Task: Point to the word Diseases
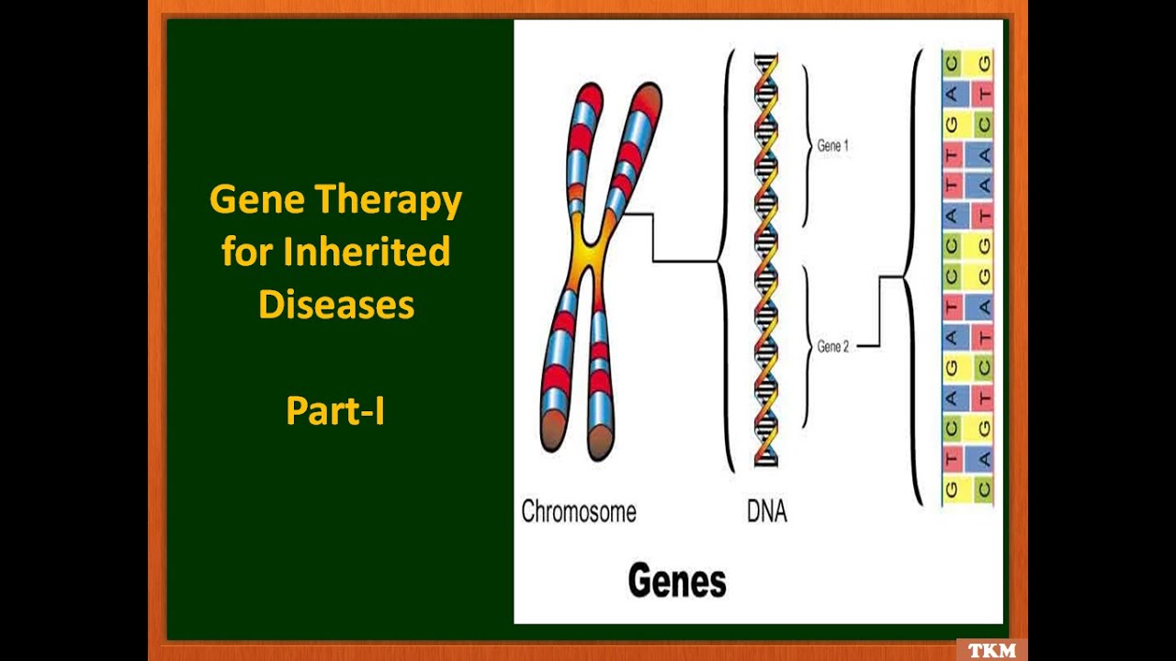pyautogui.click(x=336, y=305)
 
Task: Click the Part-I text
pyautogui.click(x=335, y=410)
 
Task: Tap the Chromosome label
pyautogui.click(x=578, y=511)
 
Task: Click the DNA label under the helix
pyautogui.click(x=766, y=511)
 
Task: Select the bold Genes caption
pyautogui.click(x=676, y=580)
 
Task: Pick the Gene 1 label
pyautogui.click(x=832, y=146)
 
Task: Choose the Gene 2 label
pyautogui.click(x=832, y=346)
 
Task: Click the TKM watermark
pyautogui.click(x=992, y=650)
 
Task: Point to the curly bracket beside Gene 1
pyautogui.click(x=807, y=146)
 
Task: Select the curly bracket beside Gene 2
pyautogui.click(x=807, y=346)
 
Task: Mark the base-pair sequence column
pyautogui.click(x=967, y=275)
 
